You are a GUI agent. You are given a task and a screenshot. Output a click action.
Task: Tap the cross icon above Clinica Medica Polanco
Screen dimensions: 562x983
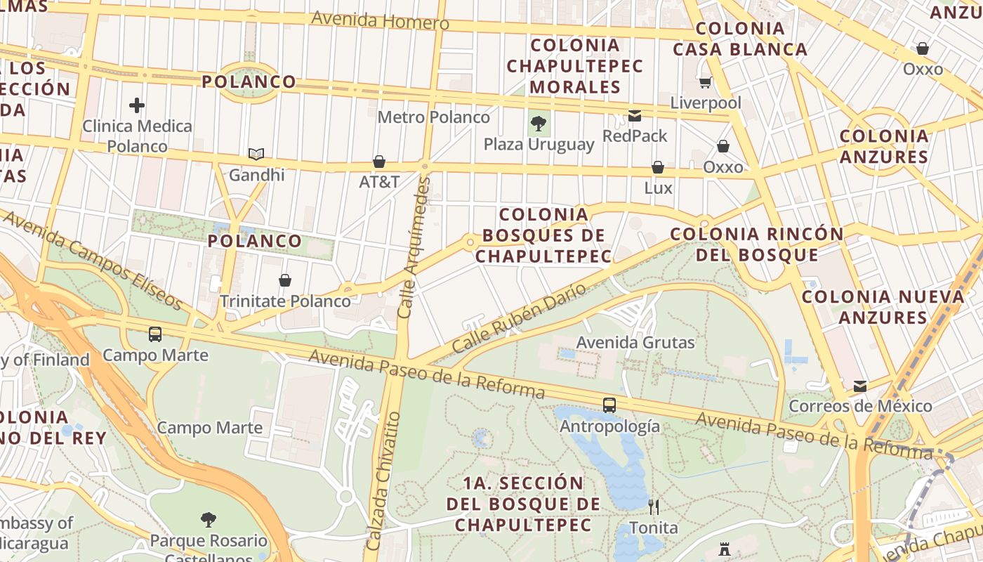[137, 106]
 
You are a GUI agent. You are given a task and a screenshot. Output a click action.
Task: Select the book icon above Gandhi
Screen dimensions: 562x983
[256, 154]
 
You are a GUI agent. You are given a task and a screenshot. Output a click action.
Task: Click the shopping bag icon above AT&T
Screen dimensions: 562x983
[379, 162]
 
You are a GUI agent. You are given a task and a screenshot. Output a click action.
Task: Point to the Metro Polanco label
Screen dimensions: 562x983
[433, 117]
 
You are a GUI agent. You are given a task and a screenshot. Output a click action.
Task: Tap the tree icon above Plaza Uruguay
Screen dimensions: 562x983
[539, 124]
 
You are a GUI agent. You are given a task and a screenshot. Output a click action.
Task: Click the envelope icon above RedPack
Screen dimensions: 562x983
[635, 116]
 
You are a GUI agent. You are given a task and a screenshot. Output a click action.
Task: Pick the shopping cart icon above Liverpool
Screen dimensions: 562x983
[705, 83]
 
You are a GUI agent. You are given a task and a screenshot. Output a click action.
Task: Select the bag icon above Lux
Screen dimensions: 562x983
[658, 167]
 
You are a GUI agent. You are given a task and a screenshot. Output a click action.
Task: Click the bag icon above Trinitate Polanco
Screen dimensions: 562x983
[285, 281]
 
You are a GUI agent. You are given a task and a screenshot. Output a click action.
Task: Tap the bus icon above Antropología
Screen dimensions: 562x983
[609, 405]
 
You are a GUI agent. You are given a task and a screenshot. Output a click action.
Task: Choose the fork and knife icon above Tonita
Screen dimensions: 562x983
[654, 507]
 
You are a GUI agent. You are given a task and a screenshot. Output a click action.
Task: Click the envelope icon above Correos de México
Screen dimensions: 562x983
[860, 386]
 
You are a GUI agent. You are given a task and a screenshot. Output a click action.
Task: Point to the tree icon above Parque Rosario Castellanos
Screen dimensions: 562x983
[208, 521]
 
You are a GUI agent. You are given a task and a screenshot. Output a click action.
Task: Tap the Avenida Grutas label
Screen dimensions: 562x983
[635, 343]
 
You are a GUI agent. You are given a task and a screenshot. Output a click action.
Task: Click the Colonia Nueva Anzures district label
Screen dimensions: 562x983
[883, 307]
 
